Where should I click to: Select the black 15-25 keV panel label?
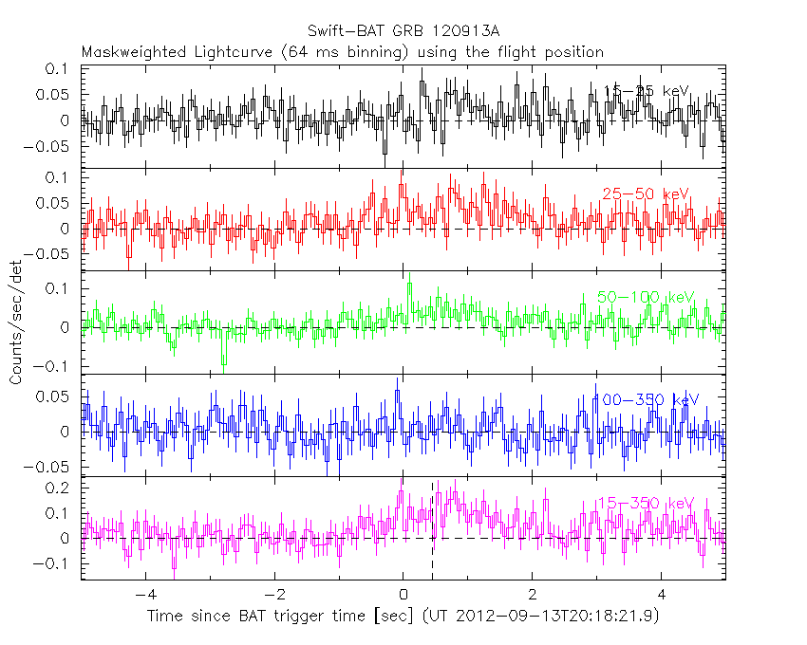[647, 90]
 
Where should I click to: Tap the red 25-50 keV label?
[645, 193]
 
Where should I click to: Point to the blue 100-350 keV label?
[645, 399]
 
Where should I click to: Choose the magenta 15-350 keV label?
[645, 502]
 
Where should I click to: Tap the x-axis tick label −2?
[273, 598]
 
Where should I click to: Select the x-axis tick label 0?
[403, 598]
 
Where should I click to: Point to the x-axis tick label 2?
[532, 598]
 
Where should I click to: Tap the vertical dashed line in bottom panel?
[433, 531]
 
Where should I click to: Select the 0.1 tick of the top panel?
[60, 69]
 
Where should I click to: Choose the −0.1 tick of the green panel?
[56, 367]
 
